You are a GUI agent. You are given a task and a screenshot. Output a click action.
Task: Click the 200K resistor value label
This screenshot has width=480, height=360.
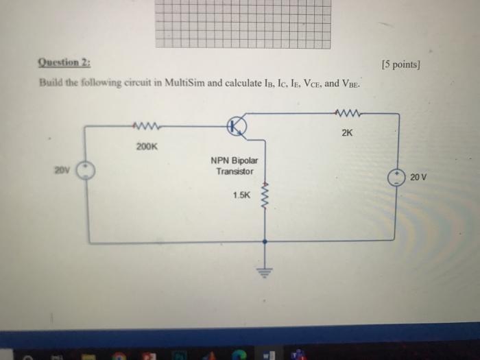(x=147, y=146)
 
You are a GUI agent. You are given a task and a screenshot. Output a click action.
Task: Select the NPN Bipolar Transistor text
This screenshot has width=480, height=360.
(x=235, y=165)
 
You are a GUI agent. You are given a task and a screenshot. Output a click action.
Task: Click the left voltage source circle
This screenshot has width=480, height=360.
(x=86, y=171)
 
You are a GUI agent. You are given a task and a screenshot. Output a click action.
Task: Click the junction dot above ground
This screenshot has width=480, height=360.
(x=265, y=241)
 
